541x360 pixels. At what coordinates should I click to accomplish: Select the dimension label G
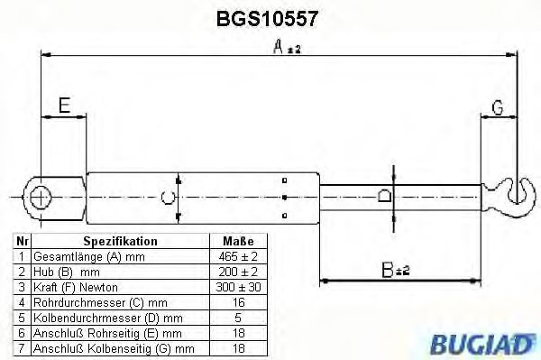pyautogui.click(x=497, y=109)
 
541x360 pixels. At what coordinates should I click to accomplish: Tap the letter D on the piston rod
pyautogui.click(x=383, y=196)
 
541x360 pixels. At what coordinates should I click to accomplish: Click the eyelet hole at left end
pyautogui.click(x=41, y=196)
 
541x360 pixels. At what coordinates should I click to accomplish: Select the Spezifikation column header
pyautogui.click(x=120, y=242)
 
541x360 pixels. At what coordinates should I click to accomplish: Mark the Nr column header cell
pyautogui.click(x=23, y=242)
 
